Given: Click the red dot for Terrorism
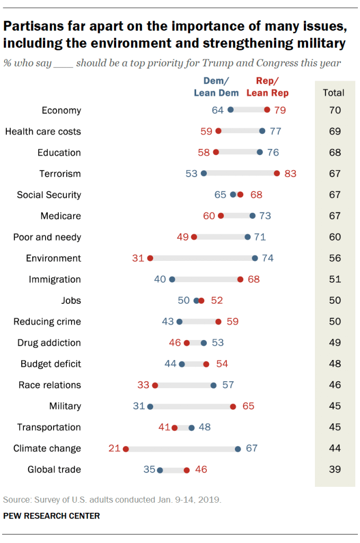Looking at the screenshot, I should pyautogui.click(x=277, y=173).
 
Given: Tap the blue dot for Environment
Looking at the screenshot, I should pyautogui.click(x=255, y=258).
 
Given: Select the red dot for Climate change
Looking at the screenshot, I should pyautogui.click(x=126, y=449).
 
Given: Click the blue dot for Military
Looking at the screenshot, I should pyautogui.click(x=150, y=406).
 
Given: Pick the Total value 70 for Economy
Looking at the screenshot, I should pyautogui.click(x=335, y=110).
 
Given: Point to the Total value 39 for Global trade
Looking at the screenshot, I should pyautogui.click(x=335, y=469).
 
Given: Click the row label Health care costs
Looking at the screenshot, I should pyautogui.click(x=43, y=132).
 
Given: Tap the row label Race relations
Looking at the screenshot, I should pyautogui.click(x=50, y=385).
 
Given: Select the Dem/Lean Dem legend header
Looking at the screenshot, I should pyautogui.click(x=216, y=87).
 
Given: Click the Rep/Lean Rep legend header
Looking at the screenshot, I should pyautogui.click(x=267, y=87).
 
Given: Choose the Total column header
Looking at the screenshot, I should pyautogui.click(x=333, y=93).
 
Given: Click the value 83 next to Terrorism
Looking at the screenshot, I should pyautogui.click(x=290, y=173).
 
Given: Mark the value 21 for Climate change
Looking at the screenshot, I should pyautogui.click(x=115, y=449).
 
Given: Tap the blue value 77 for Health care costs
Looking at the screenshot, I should pyautogui.click(x=275, y=132).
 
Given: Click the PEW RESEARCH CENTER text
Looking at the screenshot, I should pyautogui.click(x=51, y=515).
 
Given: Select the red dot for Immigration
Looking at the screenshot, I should pyautogui.click(x=240, y=279).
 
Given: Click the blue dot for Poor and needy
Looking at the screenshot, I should pyautogui.click(x=248, y=237).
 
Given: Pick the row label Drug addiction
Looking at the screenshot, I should pyautogui.click(x=49, y=343).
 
